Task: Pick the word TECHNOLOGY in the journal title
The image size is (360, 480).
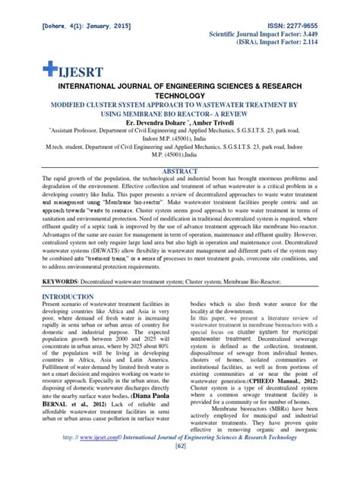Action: (x=180, y=96)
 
